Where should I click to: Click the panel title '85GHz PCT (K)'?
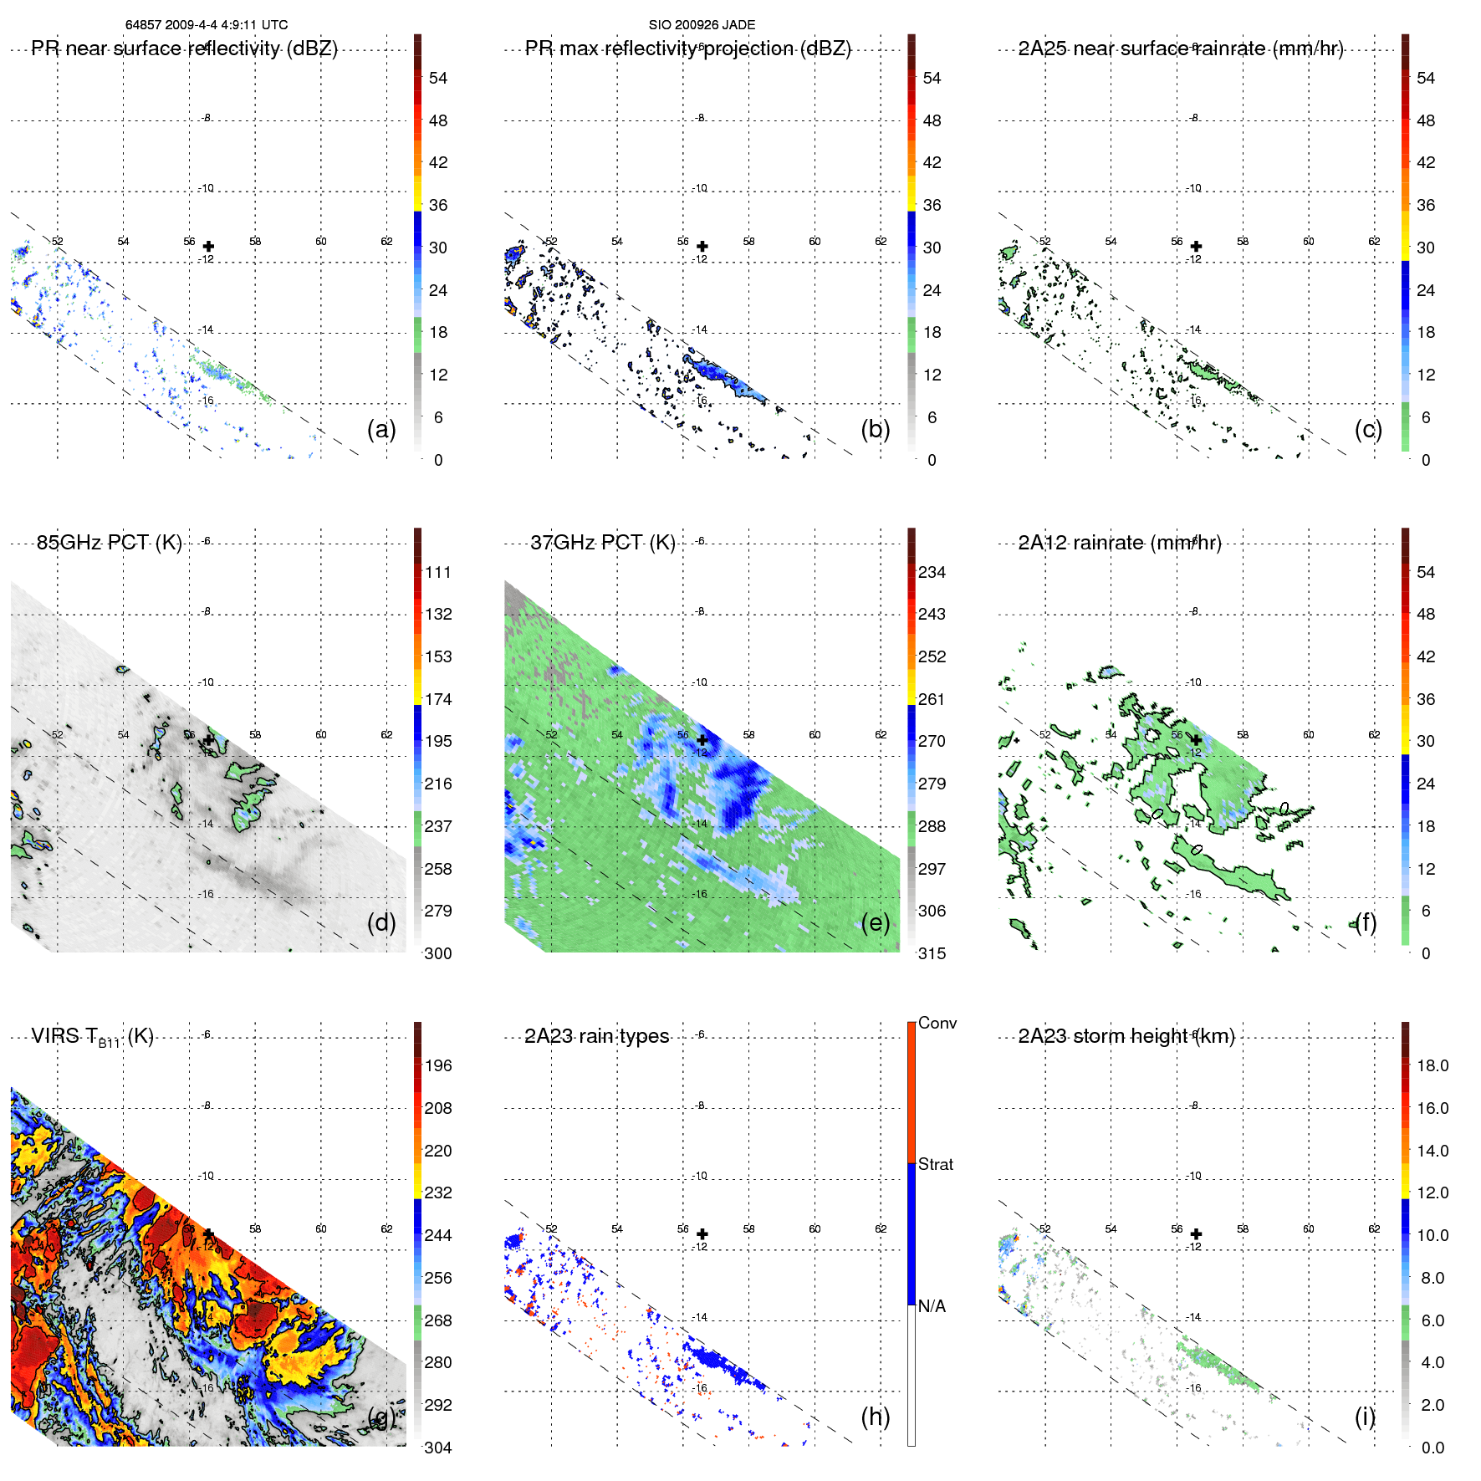tap(109, 543)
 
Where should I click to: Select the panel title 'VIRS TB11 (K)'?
tap(92, 1037)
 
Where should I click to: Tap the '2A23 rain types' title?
tap(596, 1037)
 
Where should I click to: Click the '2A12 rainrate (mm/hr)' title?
tap(1119, 543)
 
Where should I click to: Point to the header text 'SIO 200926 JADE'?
tap(702, 25)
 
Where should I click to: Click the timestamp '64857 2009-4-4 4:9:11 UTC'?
tap(207, 25)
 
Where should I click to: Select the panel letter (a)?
tap(381, 429)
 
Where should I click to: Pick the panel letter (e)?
tap(875, 922)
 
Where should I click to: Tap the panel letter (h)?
tap(875, 1416)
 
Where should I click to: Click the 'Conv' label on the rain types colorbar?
tap(937, 1023)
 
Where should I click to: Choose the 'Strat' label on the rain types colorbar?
tap(935, 1164)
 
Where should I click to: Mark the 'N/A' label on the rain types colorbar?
tap(932, 1306)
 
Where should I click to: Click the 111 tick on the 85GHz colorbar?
tap(437, 572)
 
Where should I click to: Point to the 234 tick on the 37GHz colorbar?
tap(932, 572)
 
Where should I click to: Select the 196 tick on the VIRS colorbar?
tap(437, 1065)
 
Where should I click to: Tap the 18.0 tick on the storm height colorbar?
tap(1432, 1065)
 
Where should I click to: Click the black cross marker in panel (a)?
tap(208, 247)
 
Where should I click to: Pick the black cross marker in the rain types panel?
tap(702, 1234)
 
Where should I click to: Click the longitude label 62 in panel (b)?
tap(881, 241)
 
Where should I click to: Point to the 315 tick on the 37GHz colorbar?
tap(932, 953)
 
